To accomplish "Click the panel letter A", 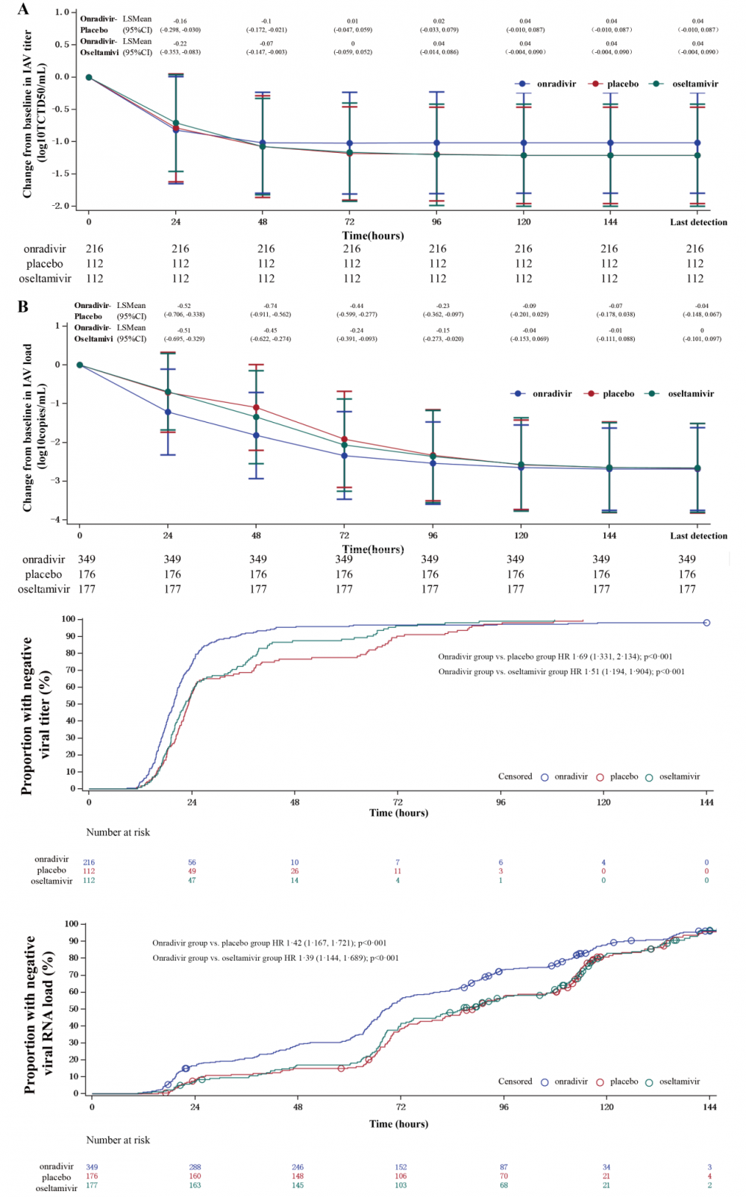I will point(23,9).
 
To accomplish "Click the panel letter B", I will point(23,306).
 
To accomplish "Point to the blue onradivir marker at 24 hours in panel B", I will point(168,412).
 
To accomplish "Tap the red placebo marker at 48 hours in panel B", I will point(256,408).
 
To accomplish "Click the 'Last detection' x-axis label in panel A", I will point(698,222).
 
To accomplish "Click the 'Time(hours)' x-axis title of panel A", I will point(373,236).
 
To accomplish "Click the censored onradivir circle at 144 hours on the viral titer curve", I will point(706,623).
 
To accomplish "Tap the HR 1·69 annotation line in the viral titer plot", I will point(555,657).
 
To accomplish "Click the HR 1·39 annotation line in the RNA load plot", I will point(275,958).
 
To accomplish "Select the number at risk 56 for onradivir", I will point(192,863).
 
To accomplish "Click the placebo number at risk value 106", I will point(401,1176).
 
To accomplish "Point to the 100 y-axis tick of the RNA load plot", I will point(71,924).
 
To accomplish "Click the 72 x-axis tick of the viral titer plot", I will point(398,802).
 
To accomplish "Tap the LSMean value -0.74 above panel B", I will point(269,306).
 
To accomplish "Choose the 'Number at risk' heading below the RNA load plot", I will point(118,1140).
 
